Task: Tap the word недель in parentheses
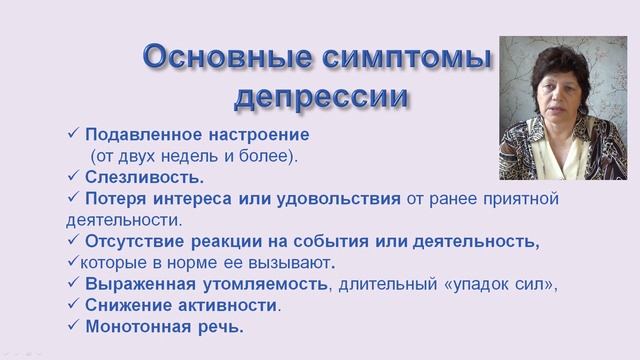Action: pyautogui.click(x=181, y=156)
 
